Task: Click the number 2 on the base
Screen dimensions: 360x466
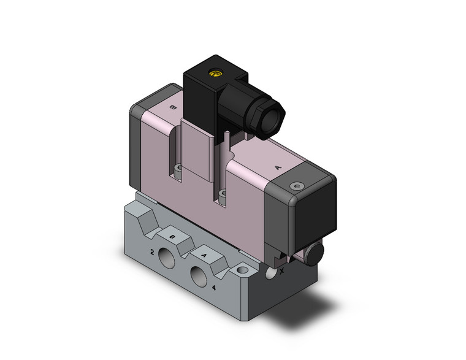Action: (x=151, y=251)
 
